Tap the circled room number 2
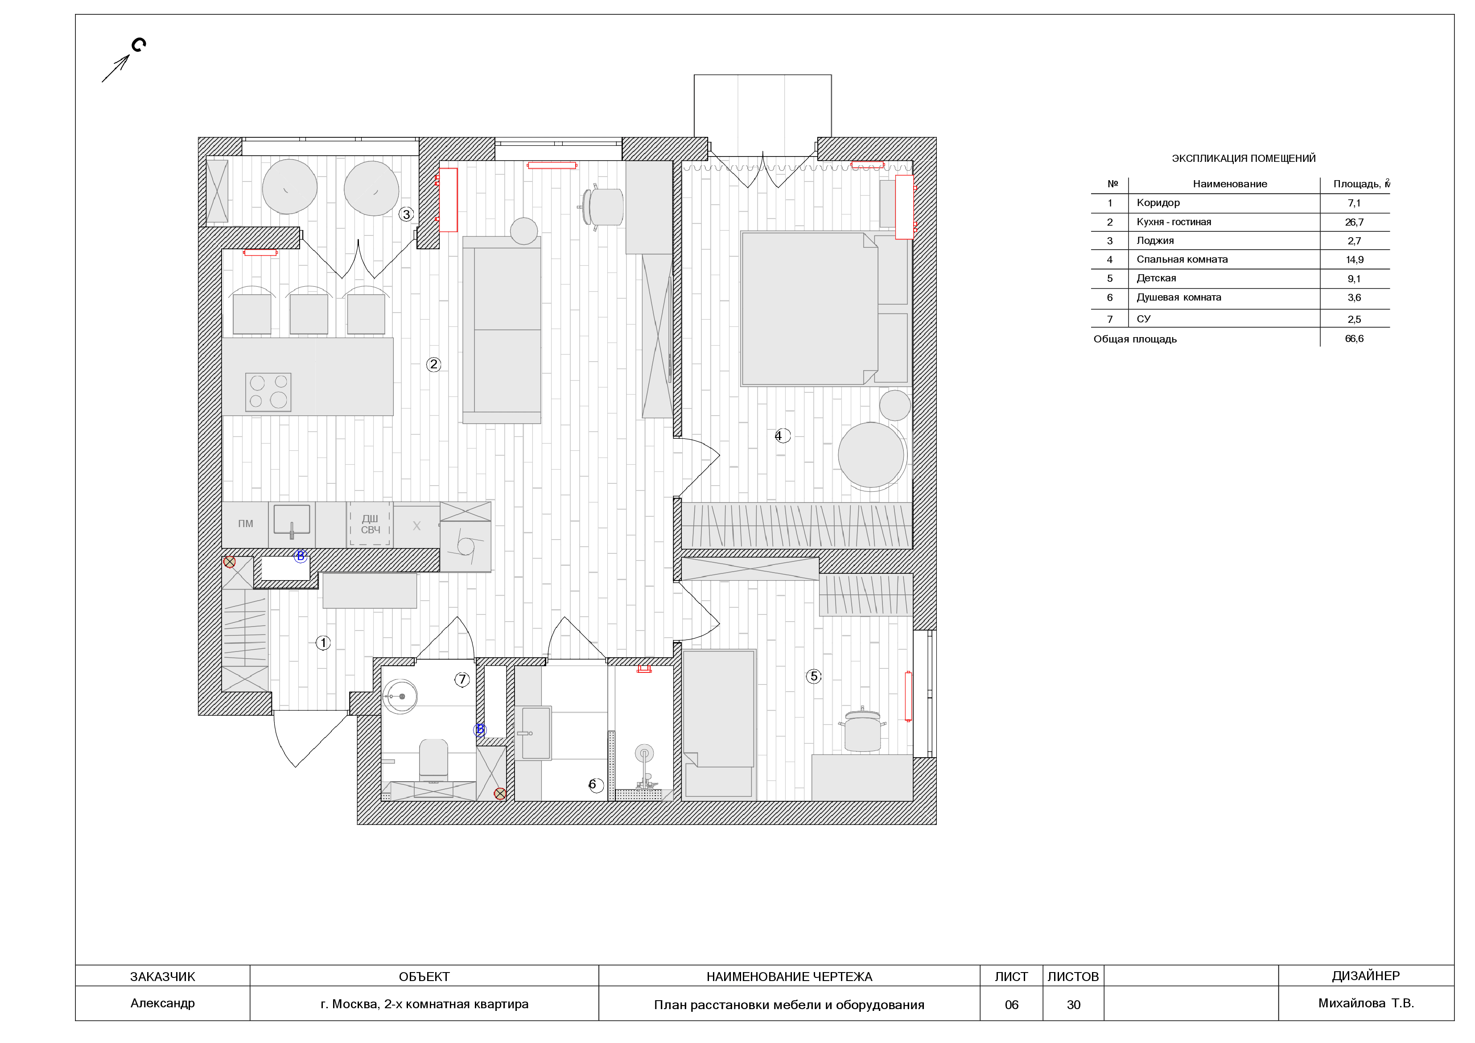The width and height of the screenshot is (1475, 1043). (434, 364)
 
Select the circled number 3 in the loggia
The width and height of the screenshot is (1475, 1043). (406, 214)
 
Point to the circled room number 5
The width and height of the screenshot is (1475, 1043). (814, 676)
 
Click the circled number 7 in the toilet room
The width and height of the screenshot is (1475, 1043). (462, 679)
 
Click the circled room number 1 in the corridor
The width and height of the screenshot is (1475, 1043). (323, 643)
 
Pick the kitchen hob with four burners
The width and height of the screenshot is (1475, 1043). (268, 392)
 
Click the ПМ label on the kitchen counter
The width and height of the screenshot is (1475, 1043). (245, 524)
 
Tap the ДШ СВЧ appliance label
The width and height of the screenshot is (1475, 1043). (370, 524)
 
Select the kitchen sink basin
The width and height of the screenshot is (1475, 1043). (292, 519)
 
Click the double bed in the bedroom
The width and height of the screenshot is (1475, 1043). (809, 309)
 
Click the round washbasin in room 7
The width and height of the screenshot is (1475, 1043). (400, 697)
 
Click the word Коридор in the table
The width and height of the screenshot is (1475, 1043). (1158, 203)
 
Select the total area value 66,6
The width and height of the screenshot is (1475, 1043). (1354, 338)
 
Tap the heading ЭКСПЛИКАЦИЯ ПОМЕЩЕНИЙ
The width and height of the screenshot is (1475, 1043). (1244, 158)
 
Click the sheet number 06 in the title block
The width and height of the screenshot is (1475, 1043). (1012, 1005)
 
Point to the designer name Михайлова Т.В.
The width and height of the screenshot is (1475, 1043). (1367, 1003)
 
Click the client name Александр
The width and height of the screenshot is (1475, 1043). (163, 1003)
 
